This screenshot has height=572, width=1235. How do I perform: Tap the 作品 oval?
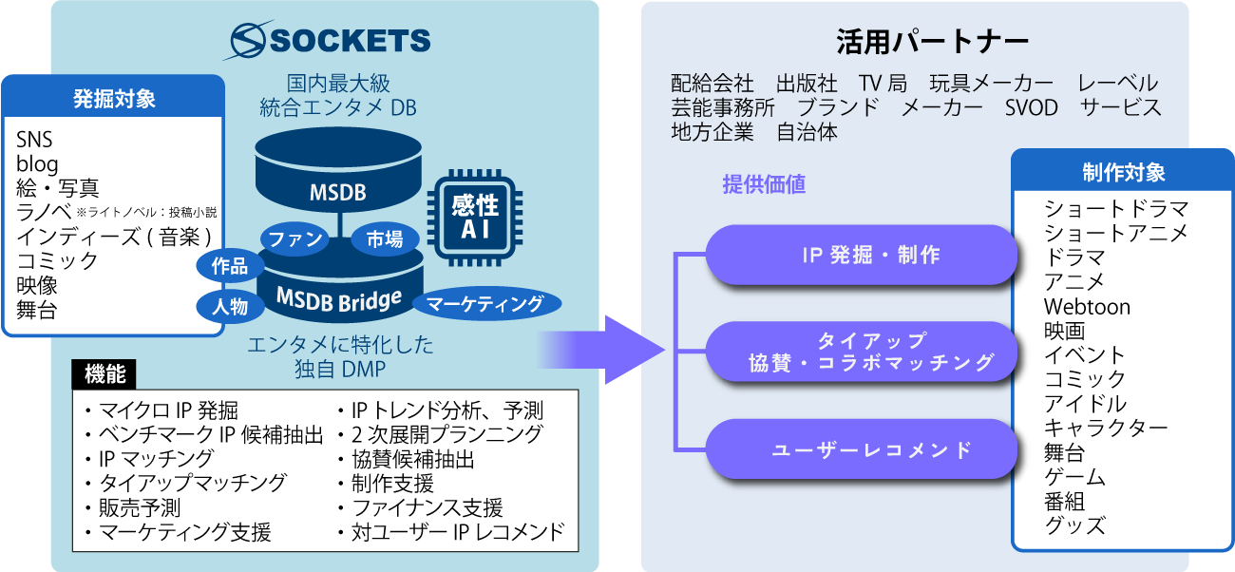coord(229,266)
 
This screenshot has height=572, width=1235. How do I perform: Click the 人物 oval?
coord(229,306)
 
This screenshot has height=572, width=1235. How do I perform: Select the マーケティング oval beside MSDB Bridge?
coord(484,304)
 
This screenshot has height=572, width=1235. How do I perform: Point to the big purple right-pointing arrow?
coord(608,349)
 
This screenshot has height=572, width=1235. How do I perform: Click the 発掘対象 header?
coord(114,98)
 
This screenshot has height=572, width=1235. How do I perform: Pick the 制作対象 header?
coord(1123,172)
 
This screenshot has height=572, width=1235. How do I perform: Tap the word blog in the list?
coord(37,163)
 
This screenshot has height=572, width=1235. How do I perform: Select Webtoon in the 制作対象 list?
coord(1087,307)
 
